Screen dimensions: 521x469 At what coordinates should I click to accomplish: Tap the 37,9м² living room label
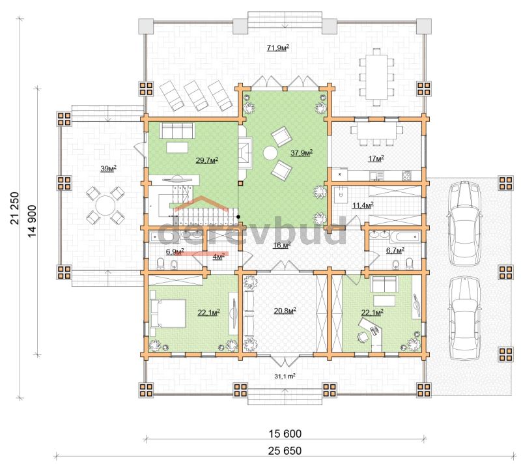click(302, 152)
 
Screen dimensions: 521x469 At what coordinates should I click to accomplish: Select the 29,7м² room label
click(206, 160)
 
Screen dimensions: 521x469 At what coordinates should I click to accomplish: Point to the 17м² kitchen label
click(376, 158)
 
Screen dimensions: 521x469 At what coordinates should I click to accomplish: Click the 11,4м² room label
click(363, 205)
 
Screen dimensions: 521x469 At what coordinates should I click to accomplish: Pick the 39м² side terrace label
click(108, 169)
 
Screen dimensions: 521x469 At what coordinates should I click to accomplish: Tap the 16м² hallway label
click(282, 245)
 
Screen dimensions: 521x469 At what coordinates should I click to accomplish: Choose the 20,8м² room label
click(285, 311)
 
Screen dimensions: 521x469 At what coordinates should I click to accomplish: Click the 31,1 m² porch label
click(285, 377)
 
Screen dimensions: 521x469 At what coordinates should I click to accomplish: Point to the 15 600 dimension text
click(285, 433)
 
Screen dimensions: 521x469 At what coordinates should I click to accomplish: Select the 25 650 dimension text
click(285, 451)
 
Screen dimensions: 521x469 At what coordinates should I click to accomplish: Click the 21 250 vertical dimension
click(15, 208)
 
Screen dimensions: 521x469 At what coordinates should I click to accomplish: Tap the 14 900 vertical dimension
click(32, 221)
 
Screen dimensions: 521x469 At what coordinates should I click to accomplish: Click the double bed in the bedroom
click(168, 313)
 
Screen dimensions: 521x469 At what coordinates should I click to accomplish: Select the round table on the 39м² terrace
click(106, 205)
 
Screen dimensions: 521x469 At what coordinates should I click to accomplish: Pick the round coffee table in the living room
click(270, 154)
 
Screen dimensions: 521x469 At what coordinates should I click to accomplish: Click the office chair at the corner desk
click(363, 336)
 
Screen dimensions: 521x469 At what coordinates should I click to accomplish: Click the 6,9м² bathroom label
click(175, 251)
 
